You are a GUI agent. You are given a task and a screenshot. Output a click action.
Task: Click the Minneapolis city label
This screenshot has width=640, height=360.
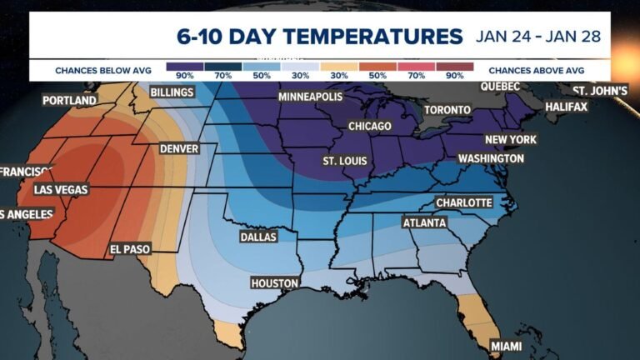[310, 97]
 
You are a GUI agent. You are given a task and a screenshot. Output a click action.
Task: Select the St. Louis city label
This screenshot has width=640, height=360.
[343, 160]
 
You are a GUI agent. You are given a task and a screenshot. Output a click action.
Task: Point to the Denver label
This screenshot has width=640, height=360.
[178, 149]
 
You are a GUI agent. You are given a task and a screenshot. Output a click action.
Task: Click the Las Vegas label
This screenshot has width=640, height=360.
[59, 190]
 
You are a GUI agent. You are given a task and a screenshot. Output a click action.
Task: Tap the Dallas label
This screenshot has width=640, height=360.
[257, 237]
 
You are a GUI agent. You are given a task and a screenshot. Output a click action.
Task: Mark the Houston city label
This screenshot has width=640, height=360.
[274, 283]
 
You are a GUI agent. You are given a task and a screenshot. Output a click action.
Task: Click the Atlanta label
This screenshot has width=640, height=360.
[424, 223]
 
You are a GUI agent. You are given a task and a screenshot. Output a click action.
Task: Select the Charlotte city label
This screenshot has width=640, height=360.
[464, 202]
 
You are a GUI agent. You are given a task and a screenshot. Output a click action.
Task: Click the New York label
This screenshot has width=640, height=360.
[511, 139]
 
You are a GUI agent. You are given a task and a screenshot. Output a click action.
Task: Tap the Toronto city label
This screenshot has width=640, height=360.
[447, 110]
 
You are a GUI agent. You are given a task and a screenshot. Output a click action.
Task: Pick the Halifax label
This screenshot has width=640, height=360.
[566, 107]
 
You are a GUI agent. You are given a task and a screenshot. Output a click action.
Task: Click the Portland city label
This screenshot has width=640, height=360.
[69, 101]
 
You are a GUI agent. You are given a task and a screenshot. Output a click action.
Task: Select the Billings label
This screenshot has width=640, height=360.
[172, 92]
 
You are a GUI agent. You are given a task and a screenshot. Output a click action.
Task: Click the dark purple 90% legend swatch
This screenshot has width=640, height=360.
[185, 67]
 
